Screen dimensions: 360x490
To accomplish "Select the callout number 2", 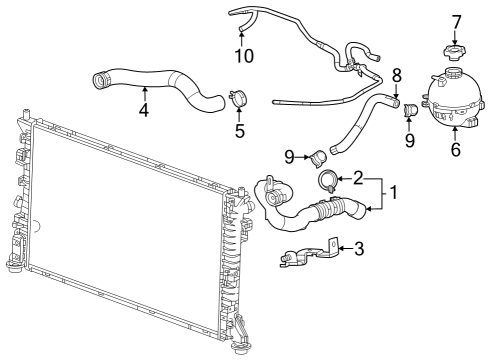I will point(358,177).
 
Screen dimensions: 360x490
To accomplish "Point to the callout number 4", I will point(144,110).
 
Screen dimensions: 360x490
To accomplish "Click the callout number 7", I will point(456,21).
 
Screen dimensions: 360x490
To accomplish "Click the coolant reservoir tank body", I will point(455,100).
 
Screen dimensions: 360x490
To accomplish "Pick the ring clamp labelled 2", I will point(328,180).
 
